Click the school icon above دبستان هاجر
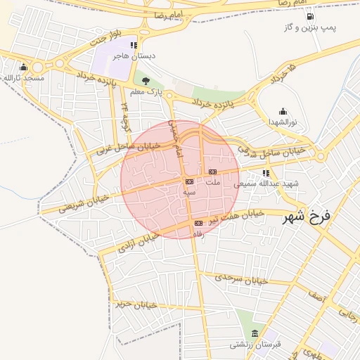[x=134, y=45]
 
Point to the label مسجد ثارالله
[x=23, y=78]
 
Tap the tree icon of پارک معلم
[x=146, y=82]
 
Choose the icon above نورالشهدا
[x=283, y=111]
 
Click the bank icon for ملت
[x=212, y=172]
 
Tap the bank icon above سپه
[x=188, y=181]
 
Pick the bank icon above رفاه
[x=198, y=224]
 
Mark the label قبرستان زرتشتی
[x=255, y=345]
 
